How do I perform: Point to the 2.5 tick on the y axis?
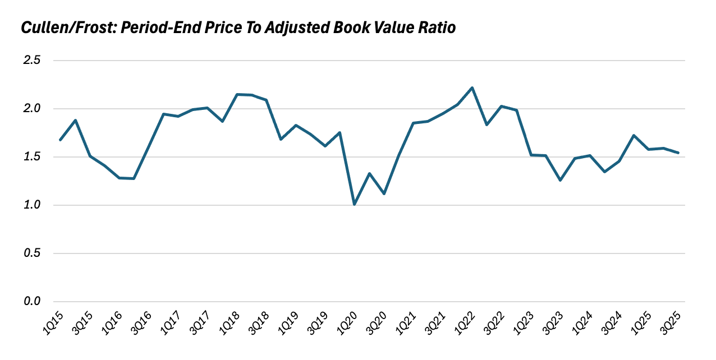[x=31, y=61]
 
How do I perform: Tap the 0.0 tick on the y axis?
[x=31, y=302]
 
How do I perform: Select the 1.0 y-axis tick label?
[x=31, y=205]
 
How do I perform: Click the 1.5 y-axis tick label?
[x=31, y=157]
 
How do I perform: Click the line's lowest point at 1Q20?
[x=355, y=205]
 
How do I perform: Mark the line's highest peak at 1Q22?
[x=472, y=87]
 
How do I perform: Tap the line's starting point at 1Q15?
[x=60, y=140]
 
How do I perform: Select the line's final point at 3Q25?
[x=678, y=153]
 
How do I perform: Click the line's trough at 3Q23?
[x=561, y=180]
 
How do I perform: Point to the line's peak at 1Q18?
[x=237, y=94]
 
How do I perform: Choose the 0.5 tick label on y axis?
[x=31, y=253]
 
